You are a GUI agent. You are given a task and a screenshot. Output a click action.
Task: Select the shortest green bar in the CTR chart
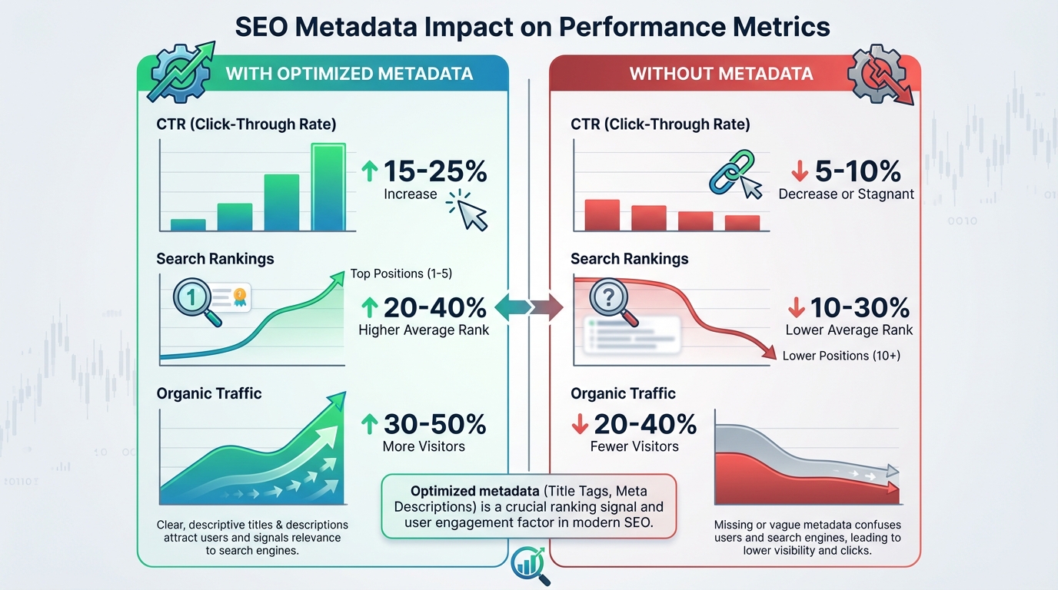tap(188, 224)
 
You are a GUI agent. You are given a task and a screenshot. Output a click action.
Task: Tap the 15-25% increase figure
tap(434, 171)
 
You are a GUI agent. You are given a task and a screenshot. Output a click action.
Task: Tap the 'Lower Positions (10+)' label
tap(841, 356)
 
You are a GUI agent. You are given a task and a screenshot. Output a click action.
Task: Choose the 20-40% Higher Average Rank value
tap(434, 308)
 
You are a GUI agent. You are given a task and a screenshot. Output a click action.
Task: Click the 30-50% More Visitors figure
tap(434, 424)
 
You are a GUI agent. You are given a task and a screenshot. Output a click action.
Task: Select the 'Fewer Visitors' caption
tap(634, 446)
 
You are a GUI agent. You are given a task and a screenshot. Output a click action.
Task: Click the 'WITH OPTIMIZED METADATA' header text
tap(349, 74)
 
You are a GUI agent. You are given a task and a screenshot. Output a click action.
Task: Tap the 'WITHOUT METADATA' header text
tap(720, 74)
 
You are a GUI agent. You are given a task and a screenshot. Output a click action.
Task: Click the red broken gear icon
tap(877, 75)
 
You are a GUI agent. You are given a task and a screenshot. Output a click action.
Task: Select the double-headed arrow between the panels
tap(529, 307)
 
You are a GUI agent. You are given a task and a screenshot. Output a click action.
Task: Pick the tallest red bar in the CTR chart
tap(602, 214)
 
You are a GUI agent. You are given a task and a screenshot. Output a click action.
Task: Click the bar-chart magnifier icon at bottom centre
tap(529, 565)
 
